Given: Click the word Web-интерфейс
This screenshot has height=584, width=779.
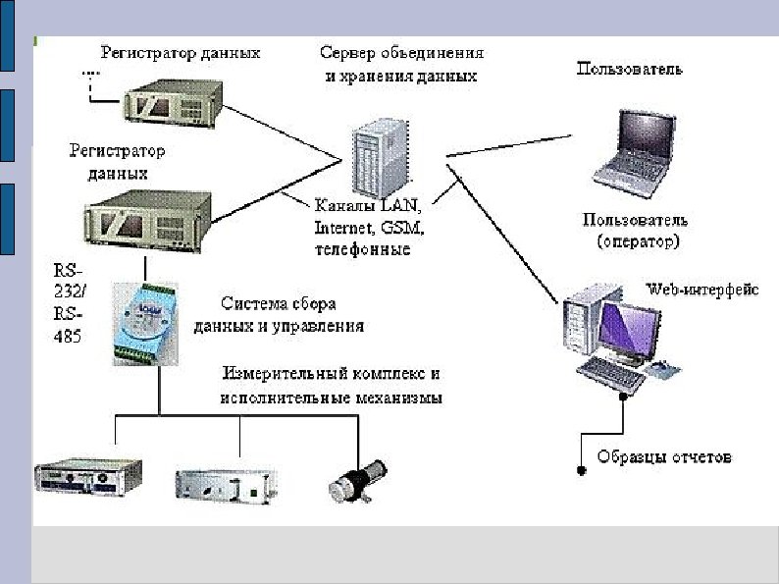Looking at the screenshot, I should tap(701, 290).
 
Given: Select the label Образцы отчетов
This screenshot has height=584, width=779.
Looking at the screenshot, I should tap(665, 458).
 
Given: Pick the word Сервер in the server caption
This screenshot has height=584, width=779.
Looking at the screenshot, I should tap(346, 52).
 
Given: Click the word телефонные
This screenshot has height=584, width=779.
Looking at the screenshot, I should tap(361, 250).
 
